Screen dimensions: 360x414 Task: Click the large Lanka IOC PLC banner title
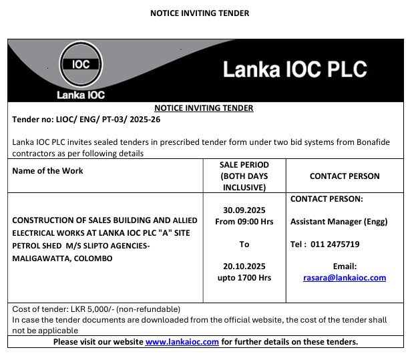294,70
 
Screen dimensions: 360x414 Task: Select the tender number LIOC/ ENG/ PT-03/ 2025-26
87,120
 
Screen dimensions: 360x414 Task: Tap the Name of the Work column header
47,171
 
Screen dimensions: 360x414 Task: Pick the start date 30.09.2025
244,210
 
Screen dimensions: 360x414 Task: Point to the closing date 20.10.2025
244,266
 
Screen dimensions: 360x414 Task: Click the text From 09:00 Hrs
244,221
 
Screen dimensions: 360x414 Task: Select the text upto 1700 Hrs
244,277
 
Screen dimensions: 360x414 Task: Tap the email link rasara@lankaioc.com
345,277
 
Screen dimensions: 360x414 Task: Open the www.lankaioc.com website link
182,341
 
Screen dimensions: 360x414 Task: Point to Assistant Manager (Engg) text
339,221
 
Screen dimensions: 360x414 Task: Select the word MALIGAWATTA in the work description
42,258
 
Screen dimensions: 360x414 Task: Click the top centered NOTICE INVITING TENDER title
200,13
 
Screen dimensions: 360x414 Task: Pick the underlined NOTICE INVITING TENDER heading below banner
204,108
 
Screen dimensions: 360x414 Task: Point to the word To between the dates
244,244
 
